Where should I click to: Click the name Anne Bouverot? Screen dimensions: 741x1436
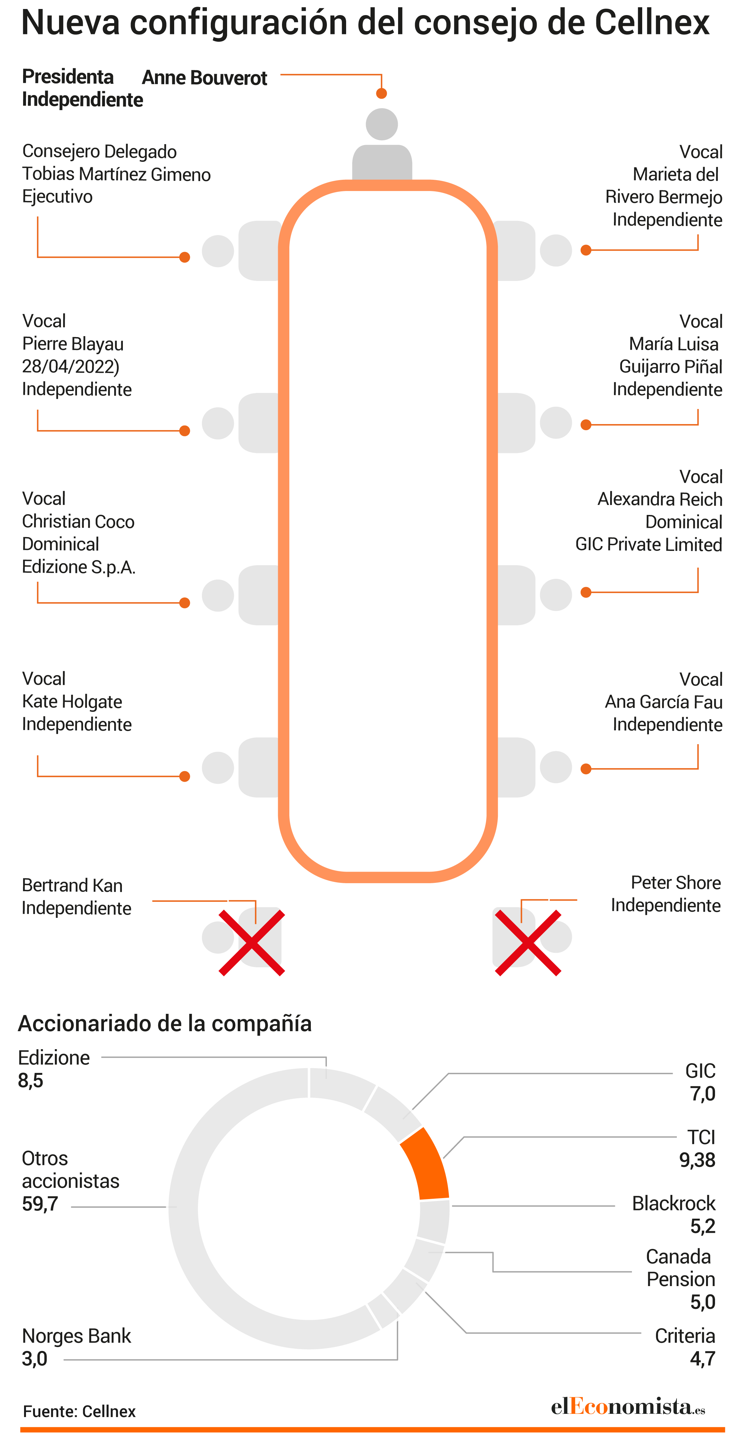click(x=204, y=78)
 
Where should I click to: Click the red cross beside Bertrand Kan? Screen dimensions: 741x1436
click(x=252, y=943)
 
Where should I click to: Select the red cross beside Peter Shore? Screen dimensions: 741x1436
click(x=528, y=943)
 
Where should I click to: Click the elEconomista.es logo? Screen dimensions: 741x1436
click(x=628, y=1407)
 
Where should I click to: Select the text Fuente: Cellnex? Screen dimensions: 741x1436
click(x=79, y=1412)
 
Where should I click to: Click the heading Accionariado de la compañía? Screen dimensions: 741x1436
click(x=165, y=1023)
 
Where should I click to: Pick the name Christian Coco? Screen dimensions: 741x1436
click(x=78, y=521)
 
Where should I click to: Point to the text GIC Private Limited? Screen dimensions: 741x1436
click(x=649, y=544)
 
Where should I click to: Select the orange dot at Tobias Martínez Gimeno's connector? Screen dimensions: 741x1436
click(x=184, y=257)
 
